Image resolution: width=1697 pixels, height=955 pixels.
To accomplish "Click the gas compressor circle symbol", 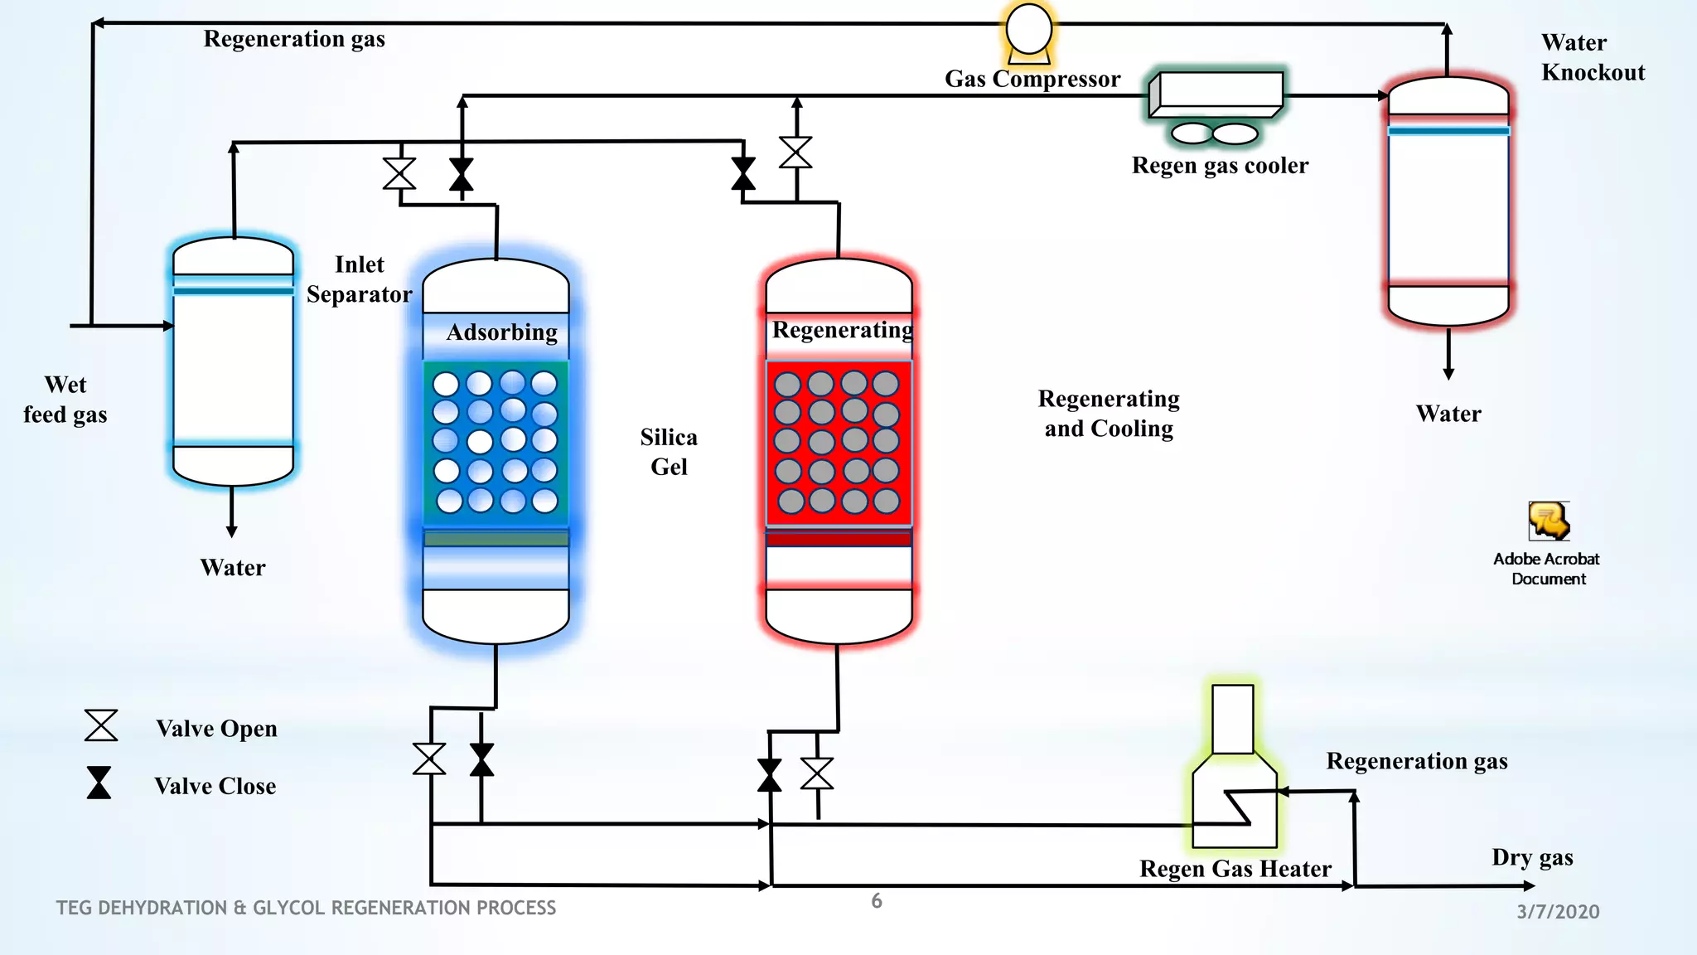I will [x=1028, y=30].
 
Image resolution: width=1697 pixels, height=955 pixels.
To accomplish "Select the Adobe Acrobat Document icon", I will [x=1548, y=522].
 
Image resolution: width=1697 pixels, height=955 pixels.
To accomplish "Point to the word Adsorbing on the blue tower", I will [x=501, y=332].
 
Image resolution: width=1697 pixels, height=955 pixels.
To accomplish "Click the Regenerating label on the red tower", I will [x=842, y=330].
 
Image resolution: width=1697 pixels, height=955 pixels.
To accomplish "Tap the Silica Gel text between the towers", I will [x=669, y=452].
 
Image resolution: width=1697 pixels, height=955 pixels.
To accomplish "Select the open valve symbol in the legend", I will [x=101, y=725].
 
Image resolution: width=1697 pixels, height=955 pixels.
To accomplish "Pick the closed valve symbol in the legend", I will [x=99, y=783].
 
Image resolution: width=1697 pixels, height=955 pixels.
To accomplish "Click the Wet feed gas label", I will [x=65, y=400].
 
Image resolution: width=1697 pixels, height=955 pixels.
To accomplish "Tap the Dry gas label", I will [x=1532, y=857].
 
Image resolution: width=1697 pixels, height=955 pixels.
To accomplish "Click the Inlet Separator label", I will [x=359, y=279].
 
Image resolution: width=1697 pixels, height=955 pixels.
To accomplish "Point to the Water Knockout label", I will [x=1592, y=57].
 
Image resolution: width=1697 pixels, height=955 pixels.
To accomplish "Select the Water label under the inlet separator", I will [x=233, y=568].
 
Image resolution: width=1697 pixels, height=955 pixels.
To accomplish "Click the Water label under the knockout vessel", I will [x=1448, y=414].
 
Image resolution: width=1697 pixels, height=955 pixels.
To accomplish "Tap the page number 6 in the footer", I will [x=877, y=901].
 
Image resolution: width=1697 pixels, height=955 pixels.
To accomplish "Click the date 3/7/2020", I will [x=1558, y=912].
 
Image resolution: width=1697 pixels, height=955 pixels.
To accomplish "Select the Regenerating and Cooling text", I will [x=1109, y=414].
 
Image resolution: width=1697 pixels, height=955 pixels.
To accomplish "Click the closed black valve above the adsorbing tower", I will [x=462, y=175].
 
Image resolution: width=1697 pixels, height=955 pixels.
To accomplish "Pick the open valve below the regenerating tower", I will [x=817, y=773].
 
